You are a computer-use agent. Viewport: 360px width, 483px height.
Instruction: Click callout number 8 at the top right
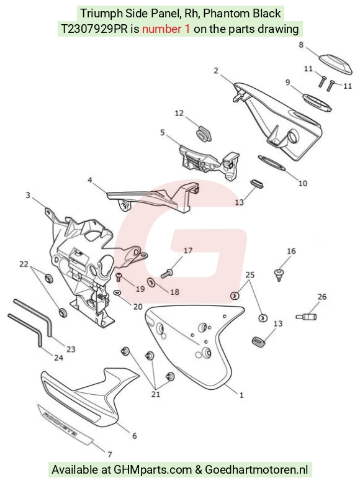301,45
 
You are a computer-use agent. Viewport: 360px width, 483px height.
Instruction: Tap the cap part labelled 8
335,63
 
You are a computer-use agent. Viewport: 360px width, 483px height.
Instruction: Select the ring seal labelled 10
272,163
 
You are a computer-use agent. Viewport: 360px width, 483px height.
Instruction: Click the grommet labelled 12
203,133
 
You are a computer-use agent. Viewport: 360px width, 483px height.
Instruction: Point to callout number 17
188,251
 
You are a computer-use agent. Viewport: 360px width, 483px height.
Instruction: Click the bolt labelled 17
167,273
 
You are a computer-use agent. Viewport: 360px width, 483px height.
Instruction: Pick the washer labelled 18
151,282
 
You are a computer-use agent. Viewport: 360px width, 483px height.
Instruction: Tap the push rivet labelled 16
279,275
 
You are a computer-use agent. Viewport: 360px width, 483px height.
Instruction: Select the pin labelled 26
307,317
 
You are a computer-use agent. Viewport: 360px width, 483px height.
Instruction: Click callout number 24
58,358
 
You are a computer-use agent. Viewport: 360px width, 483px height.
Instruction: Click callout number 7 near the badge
110,454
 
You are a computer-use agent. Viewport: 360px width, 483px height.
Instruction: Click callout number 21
156,394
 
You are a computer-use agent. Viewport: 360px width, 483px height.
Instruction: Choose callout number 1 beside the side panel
241,395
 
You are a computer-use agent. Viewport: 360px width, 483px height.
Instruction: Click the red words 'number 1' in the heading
166,29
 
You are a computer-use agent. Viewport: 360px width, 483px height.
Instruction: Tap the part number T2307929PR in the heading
94,29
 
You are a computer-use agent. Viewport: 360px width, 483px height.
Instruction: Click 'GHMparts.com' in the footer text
153,470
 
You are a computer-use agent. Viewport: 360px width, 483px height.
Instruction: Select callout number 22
24,264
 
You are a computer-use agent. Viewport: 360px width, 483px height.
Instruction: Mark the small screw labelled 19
119,277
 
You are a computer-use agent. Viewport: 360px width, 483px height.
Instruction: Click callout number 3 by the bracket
28,196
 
